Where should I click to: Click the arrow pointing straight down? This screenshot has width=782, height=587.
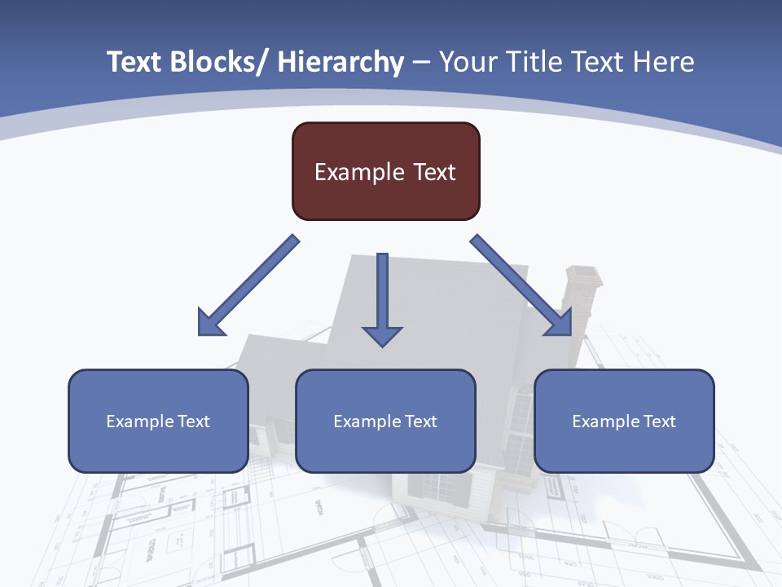[x=382, y=293]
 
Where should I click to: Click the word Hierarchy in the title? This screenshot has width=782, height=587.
[x=340, y=62]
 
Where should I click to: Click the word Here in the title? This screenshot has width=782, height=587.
[x=661, y=62]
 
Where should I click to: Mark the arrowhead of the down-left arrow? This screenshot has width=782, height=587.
[x=209, y=324]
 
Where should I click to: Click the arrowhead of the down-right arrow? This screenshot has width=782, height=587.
[x=560, y=324]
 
